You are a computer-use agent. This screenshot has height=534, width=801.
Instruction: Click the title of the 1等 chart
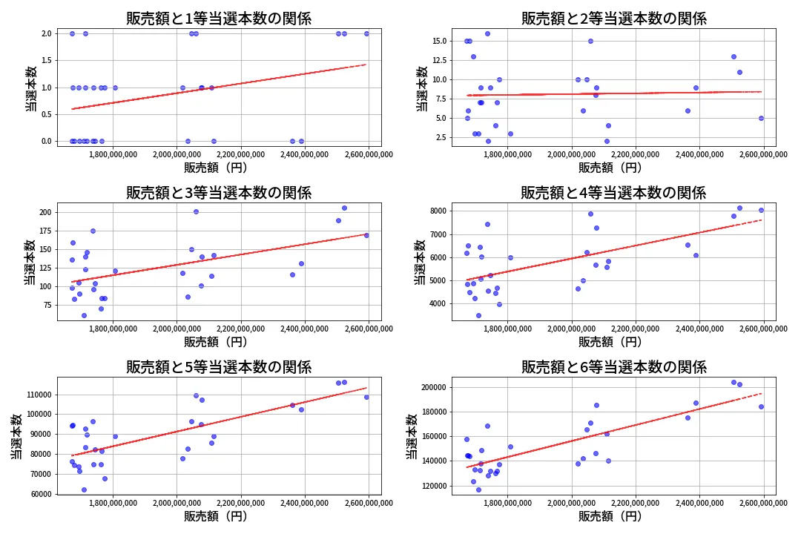(x=219, y=19)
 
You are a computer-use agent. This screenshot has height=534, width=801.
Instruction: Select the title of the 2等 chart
(x=613, y=19)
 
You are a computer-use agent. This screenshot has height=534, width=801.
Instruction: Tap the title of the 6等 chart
(x=613, y=366)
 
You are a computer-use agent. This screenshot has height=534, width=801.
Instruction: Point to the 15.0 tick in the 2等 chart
(x=435, y=41)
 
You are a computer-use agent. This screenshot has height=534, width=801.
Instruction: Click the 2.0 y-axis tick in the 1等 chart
(x=46, y=33)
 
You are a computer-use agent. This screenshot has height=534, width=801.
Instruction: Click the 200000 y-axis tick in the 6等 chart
(x=429, y=387)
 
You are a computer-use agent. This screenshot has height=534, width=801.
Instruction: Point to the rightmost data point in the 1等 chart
(x=366, y=33)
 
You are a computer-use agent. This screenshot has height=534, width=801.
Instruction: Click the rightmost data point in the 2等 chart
(x=761, y=118)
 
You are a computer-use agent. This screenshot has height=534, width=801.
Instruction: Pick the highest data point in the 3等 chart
(x=344, y=208)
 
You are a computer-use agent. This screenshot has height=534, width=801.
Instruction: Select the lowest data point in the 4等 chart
(x=478, y=315)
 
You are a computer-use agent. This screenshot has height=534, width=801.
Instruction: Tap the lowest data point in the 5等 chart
(x=84, y=489)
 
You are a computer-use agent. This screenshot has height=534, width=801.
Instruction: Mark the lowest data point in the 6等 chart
(x=478, y=489)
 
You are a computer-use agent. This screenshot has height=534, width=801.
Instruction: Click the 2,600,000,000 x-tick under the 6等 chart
(x=764, y=503)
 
